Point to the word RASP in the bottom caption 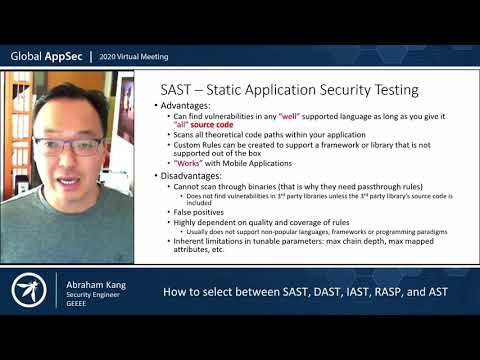(x=381, y=293)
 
